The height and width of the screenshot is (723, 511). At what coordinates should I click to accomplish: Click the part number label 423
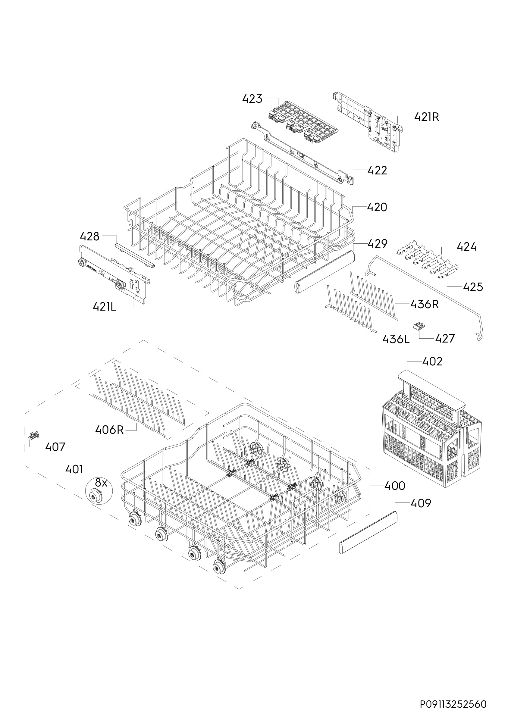252,99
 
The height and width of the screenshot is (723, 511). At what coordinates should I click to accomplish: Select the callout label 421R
426,117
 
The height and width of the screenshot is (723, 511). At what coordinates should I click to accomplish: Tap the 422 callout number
377,171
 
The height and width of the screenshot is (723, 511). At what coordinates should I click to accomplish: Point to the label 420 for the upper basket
377,207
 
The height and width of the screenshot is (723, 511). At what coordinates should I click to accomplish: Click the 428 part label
89,236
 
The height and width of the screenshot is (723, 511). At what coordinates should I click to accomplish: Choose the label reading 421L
104,306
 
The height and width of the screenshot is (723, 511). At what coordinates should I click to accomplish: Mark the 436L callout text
396,339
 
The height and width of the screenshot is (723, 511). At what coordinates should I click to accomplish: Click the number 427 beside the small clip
445,339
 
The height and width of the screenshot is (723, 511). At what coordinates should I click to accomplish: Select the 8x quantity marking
101,483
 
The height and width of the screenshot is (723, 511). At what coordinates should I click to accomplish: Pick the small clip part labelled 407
33,436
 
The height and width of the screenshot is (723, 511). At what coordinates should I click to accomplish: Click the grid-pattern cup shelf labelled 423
303,122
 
